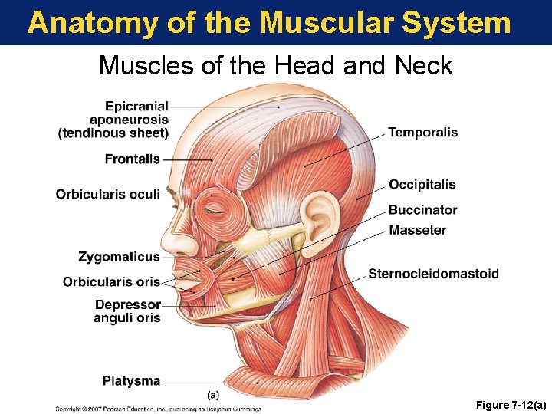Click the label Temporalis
[422, 133]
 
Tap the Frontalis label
[133, 159]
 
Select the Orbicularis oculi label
[108, 194]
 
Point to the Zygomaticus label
[120, 257]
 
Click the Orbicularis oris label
[112, 281]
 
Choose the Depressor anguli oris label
[128, 311]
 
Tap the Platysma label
[132, 380]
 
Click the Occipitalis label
[422, 185]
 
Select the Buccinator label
[422, 210]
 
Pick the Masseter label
[417, 230]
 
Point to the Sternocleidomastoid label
[433, 274]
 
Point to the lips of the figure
[186, 283]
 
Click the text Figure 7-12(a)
[508, 404]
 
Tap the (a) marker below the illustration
[214, 395]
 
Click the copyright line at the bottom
[158, 409]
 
